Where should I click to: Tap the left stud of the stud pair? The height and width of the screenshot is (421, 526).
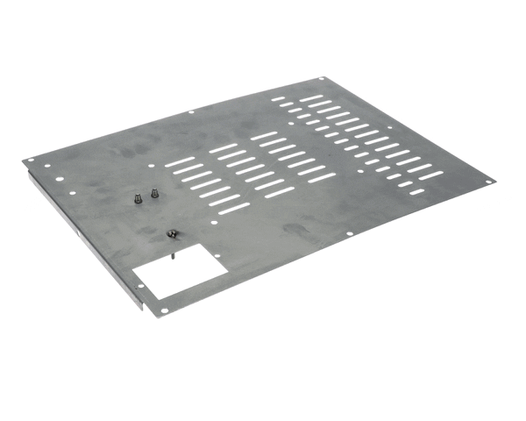(139, 198)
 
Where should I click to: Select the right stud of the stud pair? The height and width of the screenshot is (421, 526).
(154, 194)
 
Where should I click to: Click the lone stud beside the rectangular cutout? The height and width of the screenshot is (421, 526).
(172, 234)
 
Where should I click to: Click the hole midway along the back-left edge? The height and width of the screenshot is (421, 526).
(191, 111)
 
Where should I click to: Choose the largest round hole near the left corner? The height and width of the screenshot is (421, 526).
(59, 181)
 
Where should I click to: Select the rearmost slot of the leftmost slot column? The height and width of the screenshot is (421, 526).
(181, 161)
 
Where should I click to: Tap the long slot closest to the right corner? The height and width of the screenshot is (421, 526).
(430, 175)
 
